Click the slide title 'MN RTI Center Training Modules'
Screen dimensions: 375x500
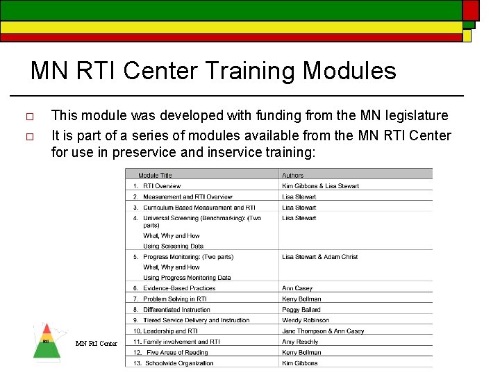coord(213,71)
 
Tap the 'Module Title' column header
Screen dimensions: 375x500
coord(155,176)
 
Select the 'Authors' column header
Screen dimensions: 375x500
coord(292,176)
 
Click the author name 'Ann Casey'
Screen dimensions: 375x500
coord(297,288)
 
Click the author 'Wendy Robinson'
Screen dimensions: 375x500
coord(306,320)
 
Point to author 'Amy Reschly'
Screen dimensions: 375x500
coord(300,342)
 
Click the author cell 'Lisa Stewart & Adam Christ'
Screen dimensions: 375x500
coord(319,257)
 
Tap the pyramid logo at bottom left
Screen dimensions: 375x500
coord(47,341)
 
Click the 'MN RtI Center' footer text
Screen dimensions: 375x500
coord(96,344)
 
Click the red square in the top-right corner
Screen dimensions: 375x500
coord(471,10)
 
